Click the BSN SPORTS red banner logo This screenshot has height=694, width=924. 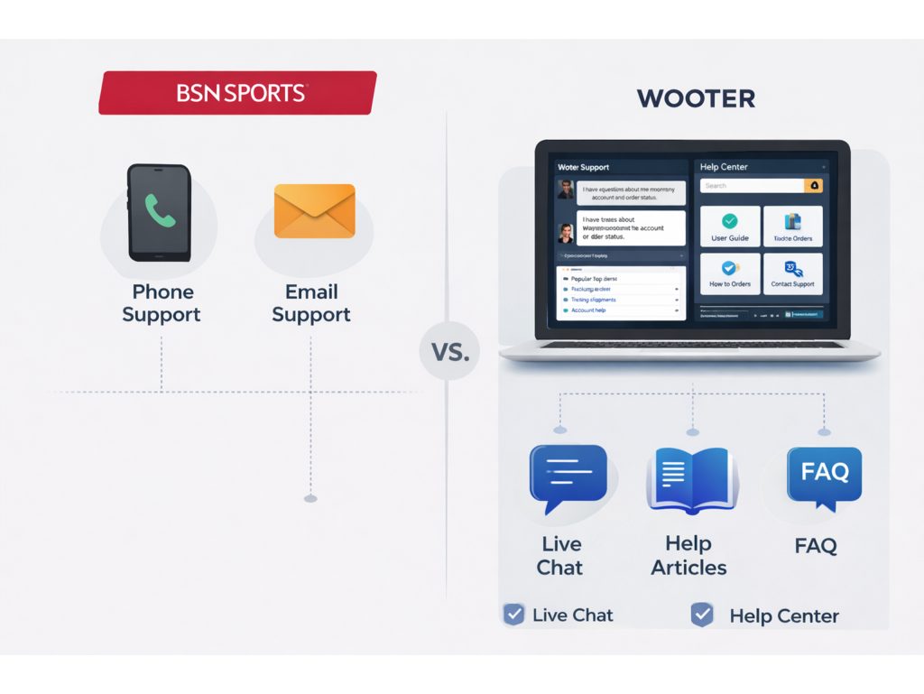point(238,93)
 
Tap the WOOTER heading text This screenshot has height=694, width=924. point(696,98)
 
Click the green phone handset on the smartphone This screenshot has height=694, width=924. point(160,211)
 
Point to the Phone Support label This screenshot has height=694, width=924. point(162,303)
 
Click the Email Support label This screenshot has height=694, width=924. point(311,303)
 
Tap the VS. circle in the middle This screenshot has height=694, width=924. point(449,351)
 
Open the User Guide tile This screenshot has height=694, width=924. point(730,227)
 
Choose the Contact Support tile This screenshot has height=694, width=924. point(792,273)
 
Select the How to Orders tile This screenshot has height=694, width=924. point(730,273)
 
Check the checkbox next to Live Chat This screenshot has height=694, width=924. point(513,615)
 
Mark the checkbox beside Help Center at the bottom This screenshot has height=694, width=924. point(701,615)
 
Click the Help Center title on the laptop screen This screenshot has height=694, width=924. point(724,167)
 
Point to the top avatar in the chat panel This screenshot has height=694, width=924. point(566,190)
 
